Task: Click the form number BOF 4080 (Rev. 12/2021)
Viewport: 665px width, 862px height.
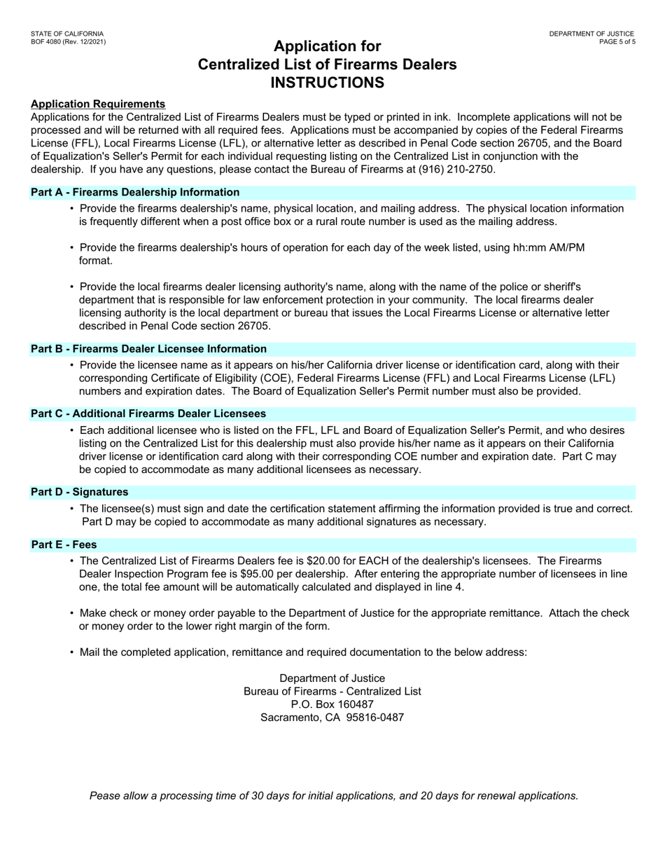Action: point(69,42)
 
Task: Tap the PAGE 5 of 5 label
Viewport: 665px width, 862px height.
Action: point(617,42)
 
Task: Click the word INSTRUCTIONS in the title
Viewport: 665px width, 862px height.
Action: point(327,83)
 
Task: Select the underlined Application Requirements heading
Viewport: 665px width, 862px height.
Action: point(98,104)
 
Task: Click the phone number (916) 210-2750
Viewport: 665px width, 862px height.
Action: point(458,170)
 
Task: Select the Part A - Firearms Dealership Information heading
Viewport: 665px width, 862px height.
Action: point(135,192)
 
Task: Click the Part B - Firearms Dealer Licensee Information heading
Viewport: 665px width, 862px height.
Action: point(148,349)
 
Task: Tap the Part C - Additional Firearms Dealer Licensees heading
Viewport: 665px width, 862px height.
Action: point(148,413)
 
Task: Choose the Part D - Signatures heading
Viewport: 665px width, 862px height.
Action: point(80,492)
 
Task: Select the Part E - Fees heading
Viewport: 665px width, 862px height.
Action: point(64,545)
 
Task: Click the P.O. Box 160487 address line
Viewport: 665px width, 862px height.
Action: point(332,704)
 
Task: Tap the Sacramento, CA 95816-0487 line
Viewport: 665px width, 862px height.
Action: point(332,718)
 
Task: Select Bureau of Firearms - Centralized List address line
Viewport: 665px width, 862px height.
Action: point(332,691)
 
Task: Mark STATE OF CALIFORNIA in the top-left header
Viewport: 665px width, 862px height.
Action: point(67,34)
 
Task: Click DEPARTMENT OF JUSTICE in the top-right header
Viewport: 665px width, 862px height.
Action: point(591,34)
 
